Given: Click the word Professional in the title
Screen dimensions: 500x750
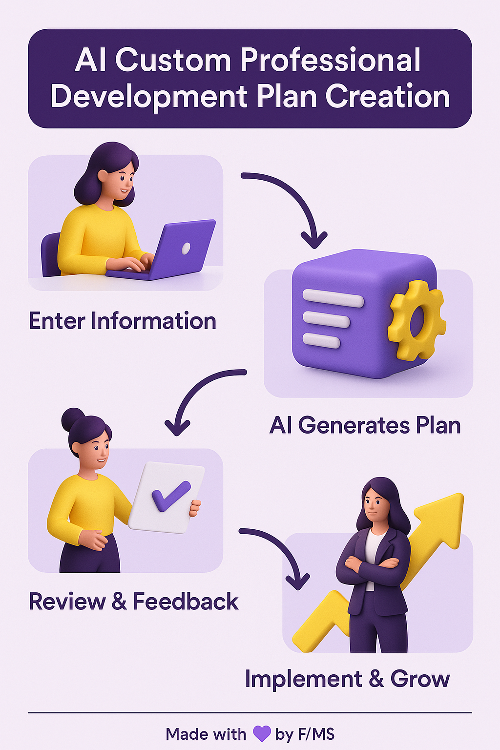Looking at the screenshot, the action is click(x=330, y=61).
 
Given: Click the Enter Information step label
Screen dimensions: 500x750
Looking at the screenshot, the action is click(x=123, y=321).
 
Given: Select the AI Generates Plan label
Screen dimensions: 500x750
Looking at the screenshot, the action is click(x=365, y=425).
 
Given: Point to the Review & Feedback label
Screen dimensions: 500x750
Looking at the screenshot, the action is click(x=134, y=601).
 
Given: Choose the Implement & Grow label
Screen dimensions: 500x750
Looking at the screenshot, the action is click(x=347, y=679).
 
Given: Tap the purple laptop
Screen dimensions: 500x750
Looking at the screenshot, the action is click(x=161, y=250).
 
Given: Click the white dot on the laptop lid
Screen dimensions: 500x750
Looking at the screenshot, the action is click(x=186, y=248).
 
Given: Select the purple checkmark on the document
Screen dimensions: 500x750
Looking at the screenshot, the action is click(x=171, y=496).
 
